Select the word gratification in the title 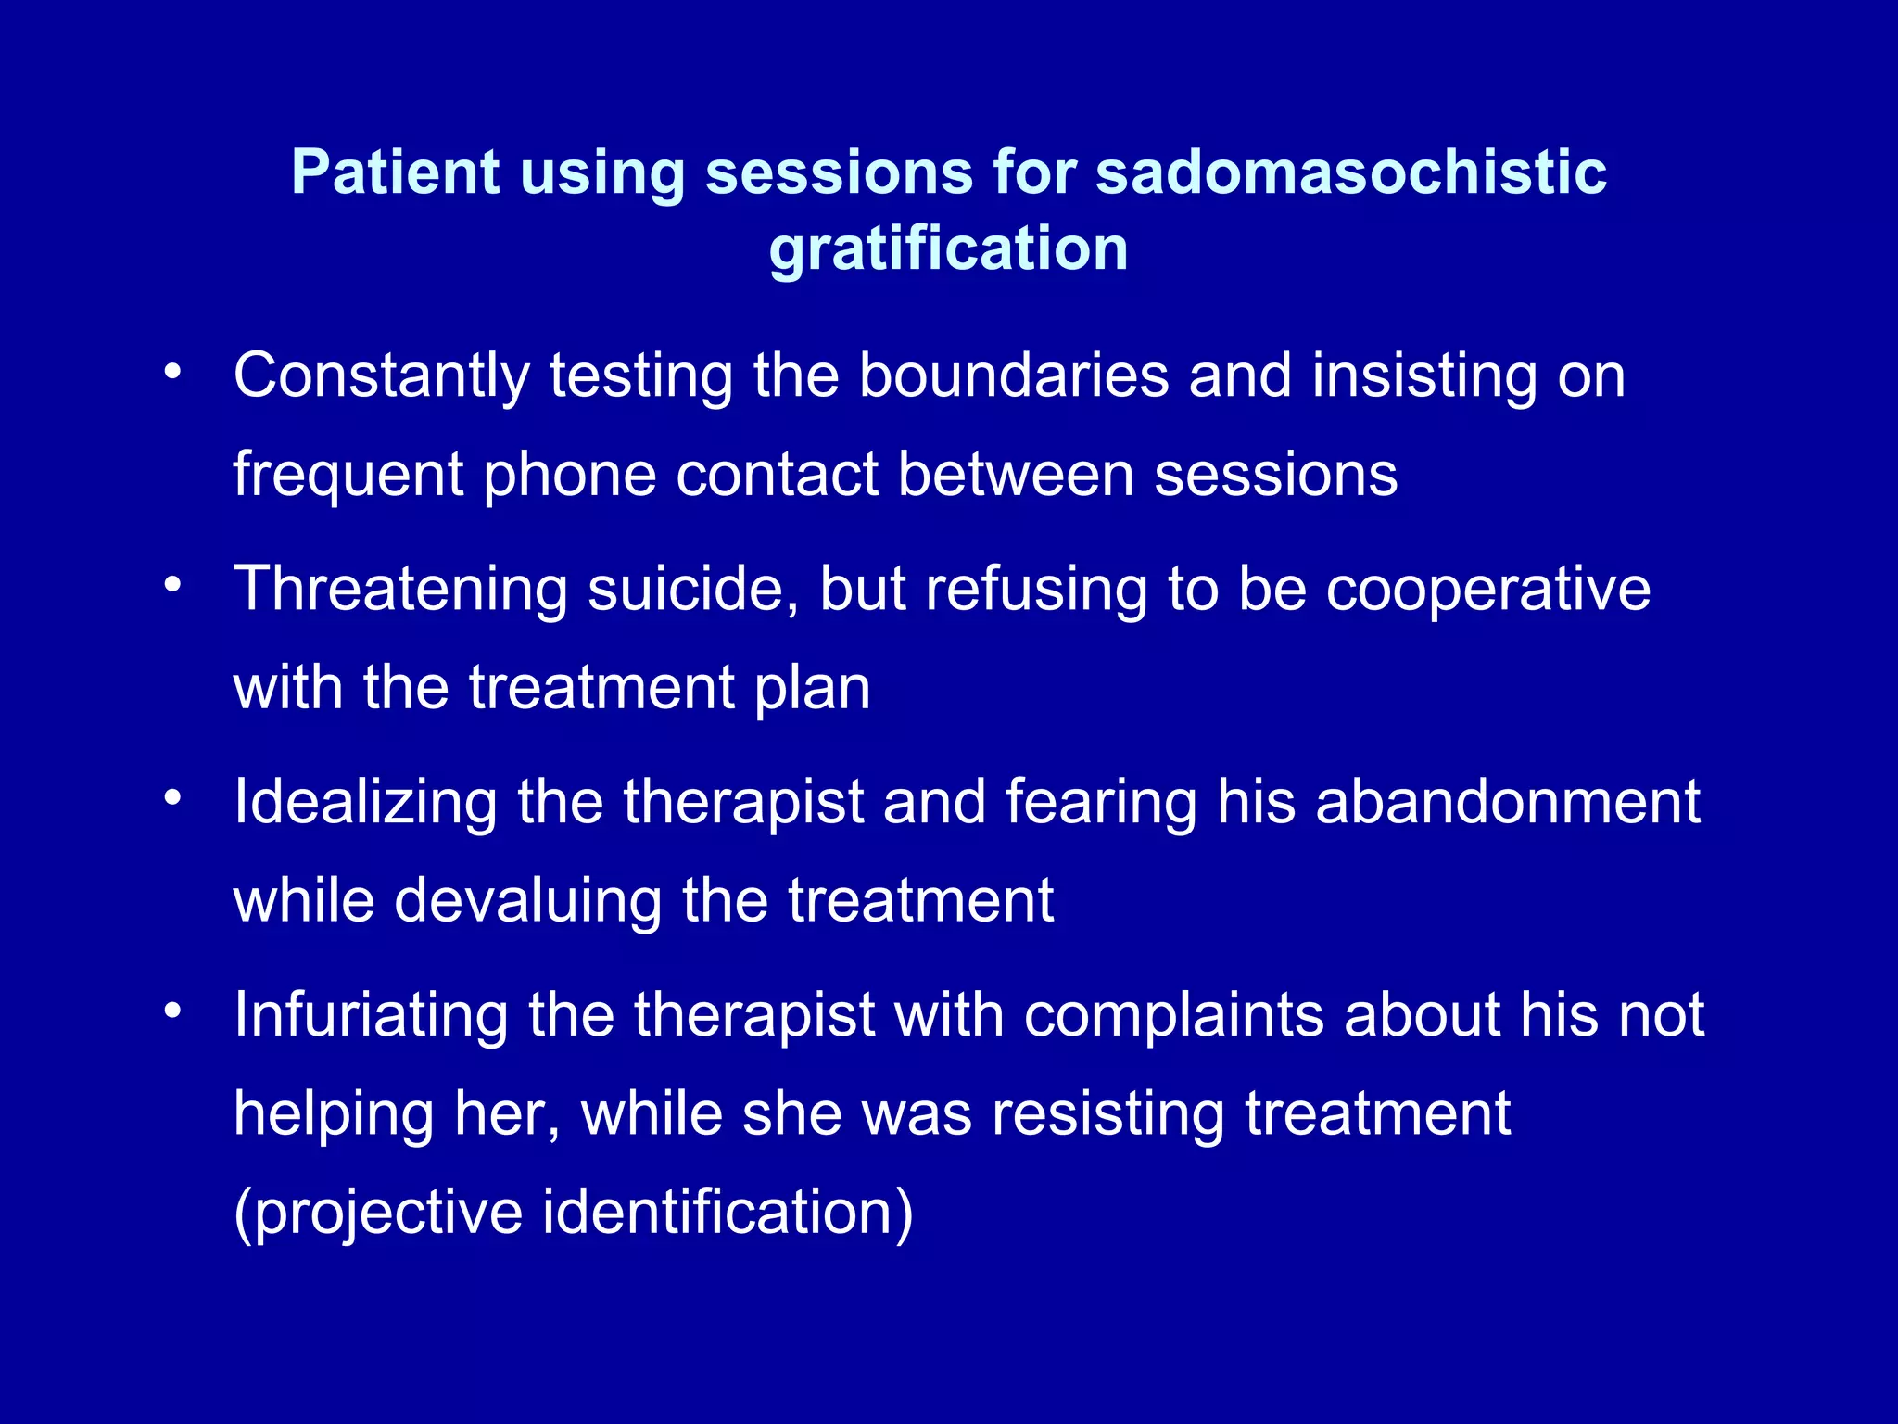[948, 250]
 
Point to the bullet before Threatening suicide [172, 586]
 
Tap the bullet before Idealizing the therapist [172, 798]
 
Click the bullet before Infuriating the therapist [172, 1011]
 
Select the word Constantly [381, 376]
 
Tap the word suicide [693, 590]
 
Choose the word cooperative [1488, 590]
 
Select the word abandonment [1508, 802]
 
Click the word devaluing [528, 901]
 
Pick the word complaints [1173, 1015]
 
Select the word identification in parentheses [728, 1213]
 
